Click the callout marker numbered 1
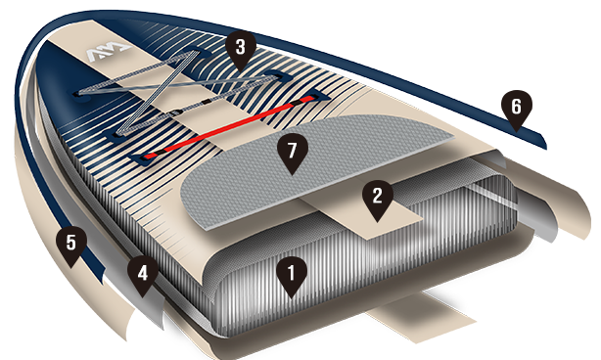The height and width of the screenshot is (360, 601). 292,274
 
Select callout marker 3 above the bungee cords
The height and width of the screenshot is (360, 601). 241,48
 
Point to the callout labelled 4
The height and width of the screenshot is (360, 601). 143,274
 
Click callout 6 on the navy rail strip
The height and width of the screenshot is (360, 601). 516,108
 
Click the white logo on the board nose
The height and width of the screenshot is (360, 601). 109,53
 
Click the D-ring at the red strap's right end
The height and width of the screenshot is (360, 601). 317,96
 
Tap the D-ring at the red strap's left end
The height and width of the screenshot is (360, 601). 143,157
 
